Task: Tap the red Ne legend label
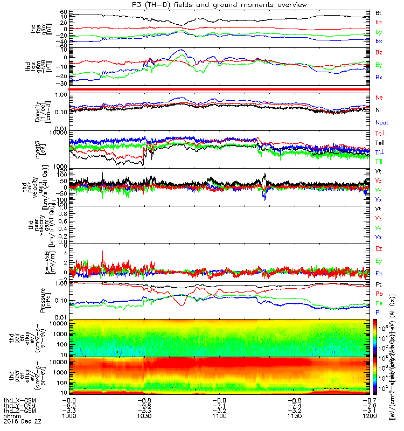pyautogui.click(x=379, y=98)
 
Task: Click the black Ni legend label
pyautogui.click(x=378, y=110)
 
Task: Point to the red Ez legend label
pyautogui.click(x=379, y=248)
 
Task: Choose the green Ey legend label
pyautogui.click(x=379, y=261)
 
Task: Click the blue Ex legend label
pyautogui.click(x=379, y=273)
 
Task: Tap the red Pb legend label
pyautogui.click(x=378, y=294)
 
